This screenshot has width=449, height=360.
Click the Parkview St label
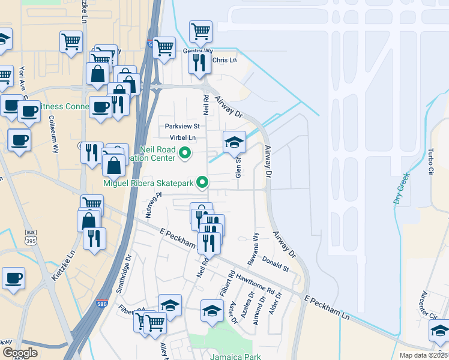[182, 127]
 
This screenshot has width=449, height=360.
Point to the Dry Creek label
[402, 188]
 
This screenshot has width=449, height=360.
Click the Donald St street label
[276, 264]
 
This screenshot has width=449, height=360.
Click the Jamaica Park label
[235, 356]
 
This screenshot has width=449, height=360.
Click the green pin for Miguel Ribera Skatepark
[203, 182]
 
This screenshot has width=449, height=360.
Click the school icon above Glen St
[234, 142]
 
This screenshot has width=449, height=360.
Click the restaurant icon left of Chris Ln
[199, 63]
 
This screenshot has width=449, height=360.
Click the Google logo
[20, 353]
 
